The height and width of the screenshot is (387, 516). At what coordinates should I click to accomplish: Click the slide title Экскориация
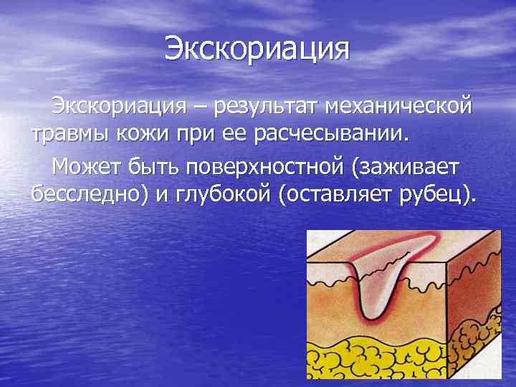pos(257,49)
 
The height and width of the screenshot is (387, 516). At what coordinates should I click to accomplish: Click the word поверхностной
pos(266,167)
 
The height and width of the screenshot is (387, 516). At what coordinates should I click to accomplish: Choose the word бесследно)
pos(90,193)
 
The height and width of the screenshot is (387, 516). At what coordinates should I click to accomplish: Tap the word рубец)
pos(441,193)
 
